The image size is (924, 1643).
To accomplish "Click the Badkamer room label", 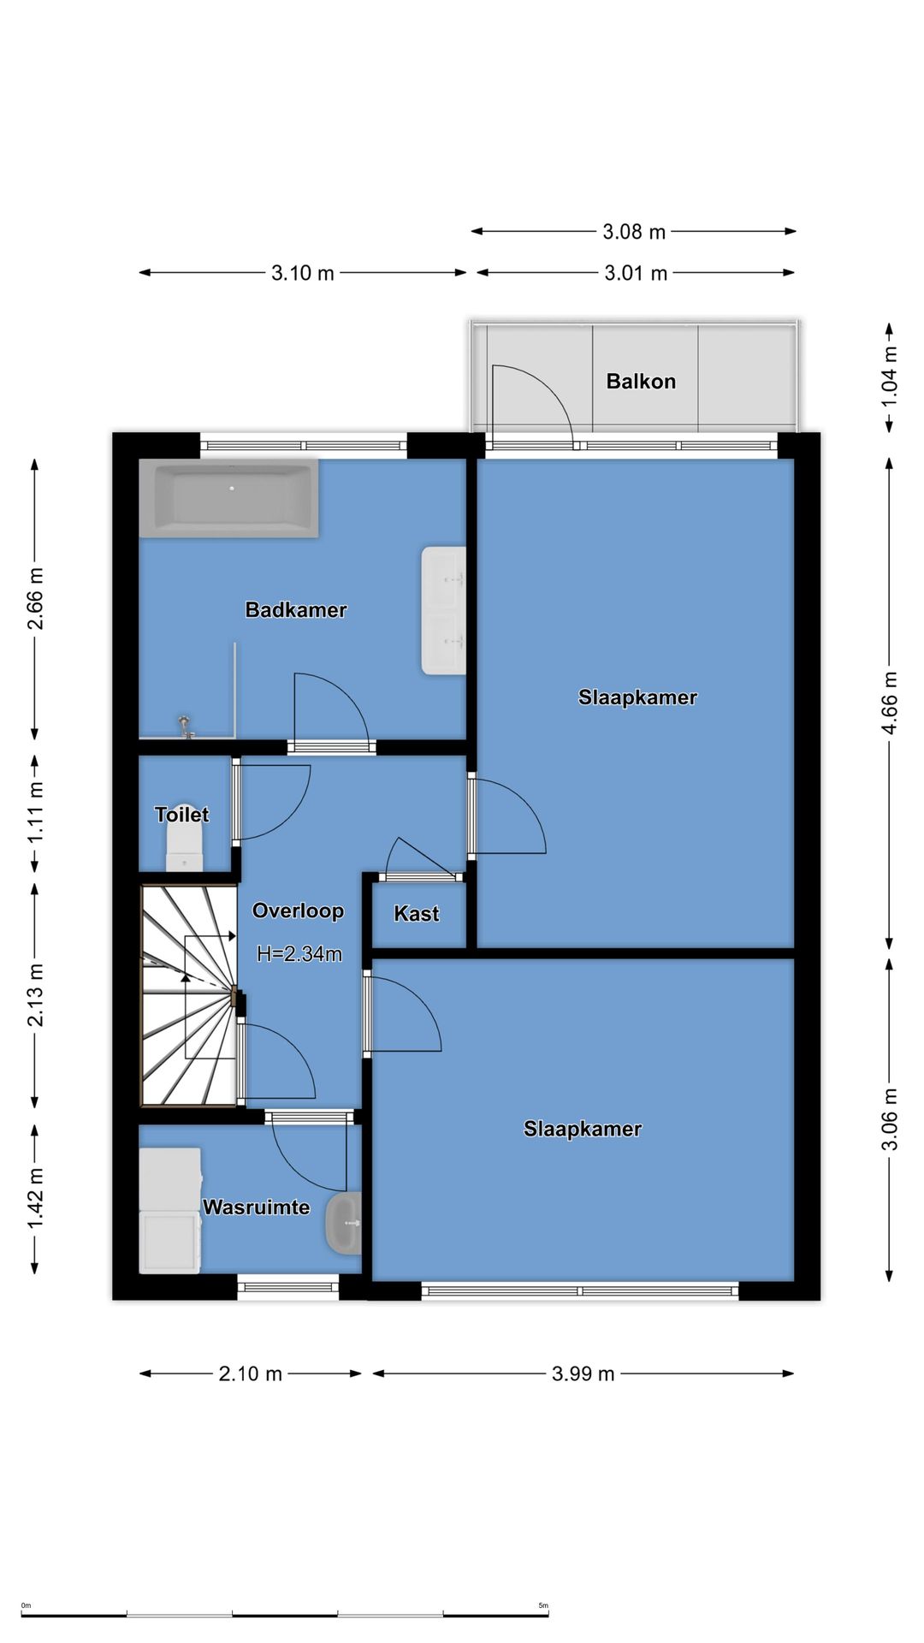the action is point(296,610).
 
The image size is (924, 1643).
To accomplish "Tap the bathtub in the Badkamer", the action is point(229,498).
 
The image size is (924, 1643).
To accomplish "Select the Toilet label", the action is point(181,815).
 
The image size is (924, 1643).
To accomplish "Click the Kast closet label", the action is point(417,914).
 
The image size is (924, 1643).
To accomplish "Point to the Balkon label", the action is point(641,382).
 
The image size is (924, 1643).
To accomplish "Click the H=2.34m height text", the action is point(299,954).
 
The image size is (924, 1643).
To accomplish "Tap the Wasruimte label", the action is point(256,1207).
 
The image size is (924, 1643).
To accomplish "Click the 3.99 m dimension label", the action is point(583,1373).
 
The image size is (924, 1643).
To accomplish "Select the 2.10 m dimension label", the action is point(251,1373).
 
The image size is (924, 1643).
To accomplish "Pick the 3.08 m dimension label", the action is point(634,232).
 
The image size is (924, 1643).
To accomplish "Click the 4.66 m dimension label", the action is point(890,703).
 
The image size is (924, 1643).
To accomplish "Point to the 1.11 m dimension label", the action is point(35,811).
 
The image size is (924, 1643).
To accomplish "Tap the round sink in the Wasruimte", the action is point(344,1224).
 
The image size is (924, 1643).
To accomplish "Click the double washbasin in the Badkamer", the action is point(443,611).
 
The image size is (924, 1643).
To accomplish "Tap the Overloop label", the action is point(298,910).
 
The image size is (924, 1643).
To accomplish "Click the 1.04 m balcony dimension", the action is point(890,377).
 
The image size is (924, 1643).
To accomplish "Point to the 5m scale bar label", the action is point(543,1605).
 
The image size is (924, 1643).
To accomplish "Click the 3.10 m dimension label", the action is point(303,273).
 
